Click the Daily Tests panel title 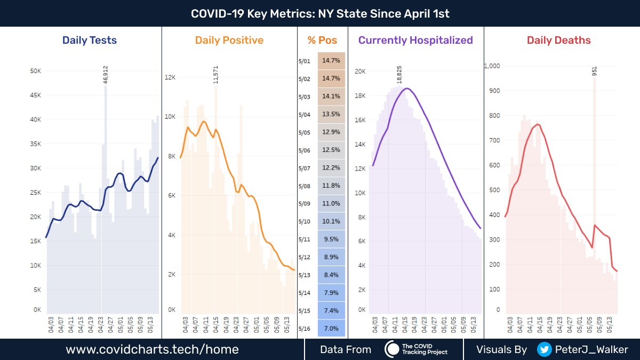tap(90, 40)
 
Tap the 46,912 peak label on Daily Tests tap(106, 75)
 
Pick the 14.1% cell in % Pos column tap(331, 97)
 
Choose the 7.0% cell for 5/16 tap(331, 329)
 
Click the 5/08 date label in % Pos tap(305, 186)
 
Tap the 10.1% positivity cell tap(331, 221)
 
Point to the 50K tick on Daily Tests tap(34, 71)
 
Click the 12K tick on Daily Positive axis tap(170, 77)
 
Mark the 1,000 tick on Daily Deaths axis tap(492, 66)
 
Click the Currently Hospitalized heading tap(415, 40)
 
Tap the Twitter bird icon tap(545, 349)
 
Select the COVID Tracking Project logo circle tap(393, 349)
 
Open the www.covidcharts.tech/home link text tap(152, 350)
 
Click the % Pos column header tap(322, 40)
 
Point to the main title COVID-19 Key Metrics tap(320, 13)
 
